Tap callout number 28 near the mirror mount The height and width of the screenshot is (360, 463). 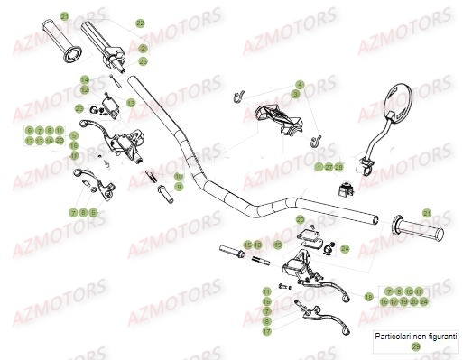pyautogui.click(x=339, y=167)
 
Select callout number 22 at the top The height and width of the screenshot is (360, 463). pyautogui.click(x=140, y=23)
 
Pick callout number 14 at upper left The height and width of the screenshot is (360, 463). pyautogui.click(x=84, y=79)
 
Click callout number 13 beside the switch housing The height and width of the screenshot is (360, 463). pyautogui.click(x=131, y=103)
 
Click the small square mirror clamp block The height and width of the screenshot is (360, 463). pyautogui.click(x=345, y=188)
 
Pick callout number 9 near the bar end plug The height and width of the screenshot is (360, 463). pyautogui.click(x=179, y=186)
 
